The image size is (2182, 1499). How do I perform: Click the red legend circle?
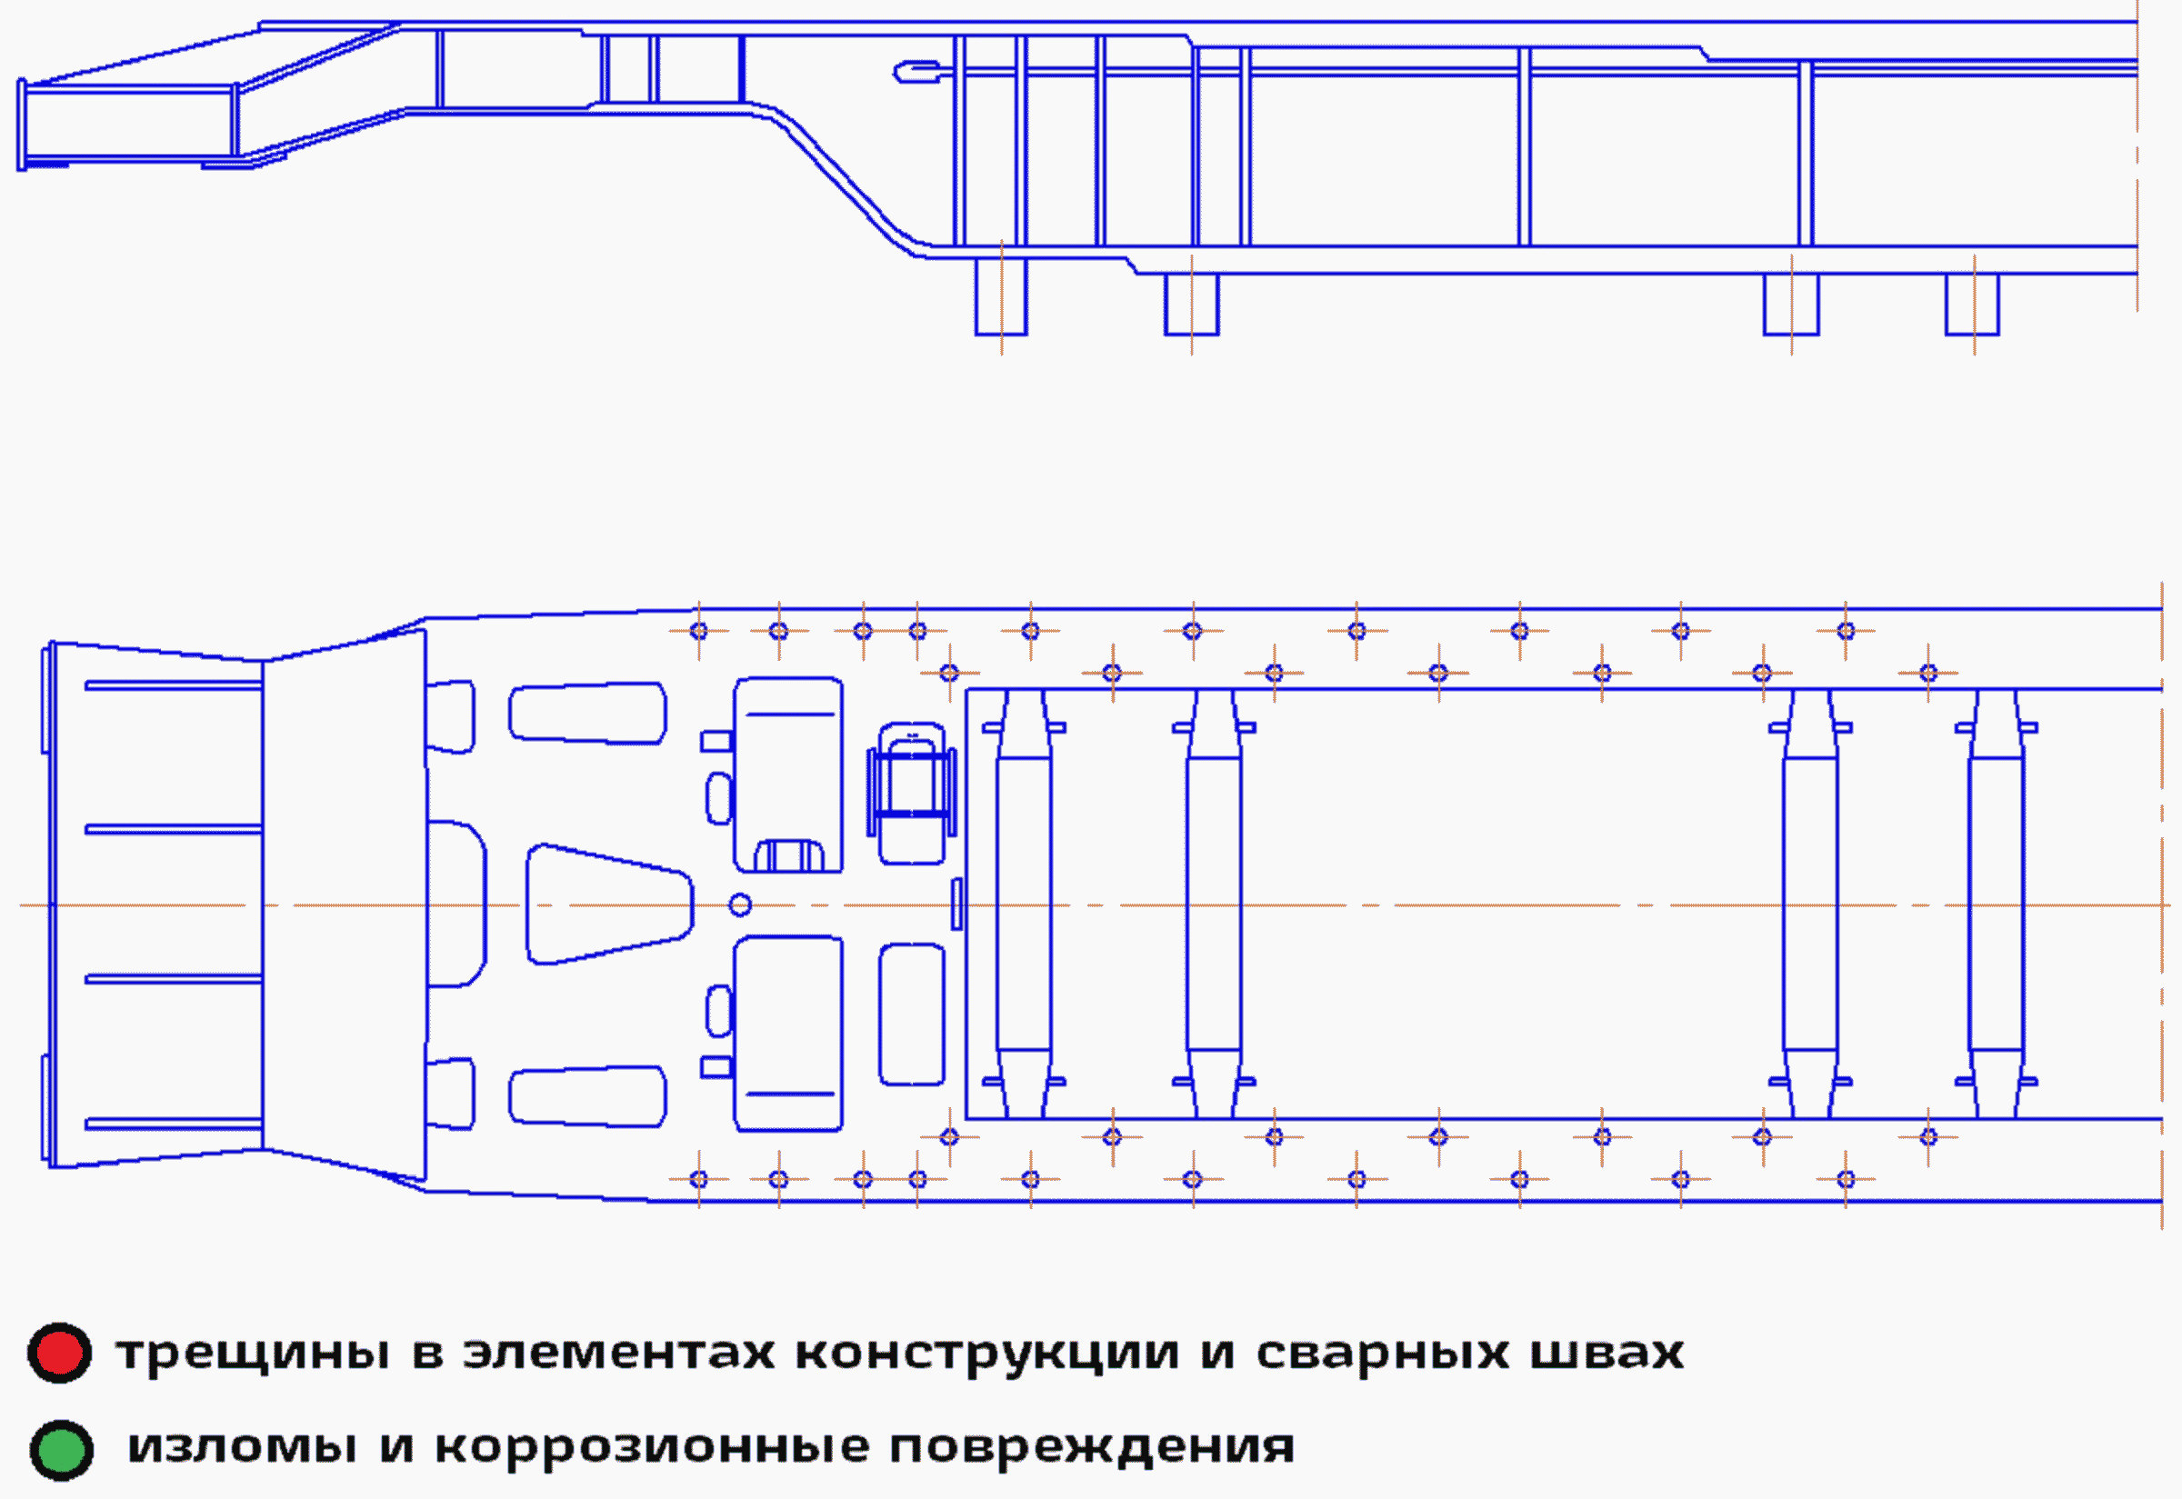click(x=59, y=1354)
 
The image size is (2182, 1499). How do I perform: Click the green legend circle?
click(x=61, y=1450)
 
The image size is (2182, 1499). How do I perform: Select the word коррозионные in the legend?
click(x=648, y=1447)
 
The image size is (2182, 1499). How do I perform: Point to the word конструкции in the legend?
click(x=986, y=1354)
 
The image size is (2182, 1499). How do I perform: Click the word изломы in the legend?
click(x=242, y=1447)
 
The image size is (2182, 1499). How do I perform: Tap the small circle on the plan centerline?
click(x=740, y=904)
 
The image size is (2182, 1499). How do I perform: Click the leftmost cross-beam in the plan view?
click(x=1024, y=904)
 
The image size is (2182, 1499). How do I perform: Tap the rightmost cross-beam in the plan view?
click(x=1996, y=904)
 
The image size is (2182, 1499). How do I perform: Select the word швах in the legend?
click(x=1607, y=1354)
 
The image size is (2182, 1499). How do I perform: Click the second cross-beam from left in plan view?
click(x=1214, y=904)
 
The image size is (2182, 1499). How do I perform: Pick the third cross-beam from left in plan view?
click(x=1809, y=904)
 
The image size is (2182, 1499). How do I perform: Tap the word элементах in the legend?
click(x=619, y=1354)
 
